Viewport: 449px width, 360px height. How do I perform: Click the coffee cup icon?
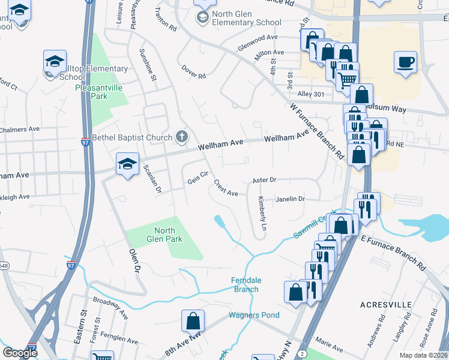(406, 62)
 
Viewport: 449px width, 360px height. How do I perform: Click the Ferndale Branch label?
(245, 284)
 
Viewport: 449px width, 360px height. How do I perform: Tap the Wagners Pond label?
(253, 315)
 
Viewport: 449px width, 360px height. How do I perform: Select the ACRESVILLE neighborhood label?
(386, 305)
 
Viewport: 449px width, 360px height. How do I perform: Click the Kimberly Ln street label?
(262, 214)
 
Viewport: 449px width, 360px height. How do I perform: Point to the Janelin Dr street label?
(291, 199)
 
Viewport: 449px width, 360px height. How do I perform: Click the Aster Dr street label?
(264, 179)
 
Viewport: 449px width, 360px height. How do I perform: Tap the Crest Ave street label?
(226, 190)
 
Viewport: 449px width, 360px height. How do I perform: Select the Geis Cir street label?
(197, 178)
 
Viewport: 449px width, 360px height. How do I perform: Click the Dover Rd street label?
(194, 76)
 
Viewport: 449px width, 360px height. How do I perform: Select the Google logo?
(20, 353)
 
